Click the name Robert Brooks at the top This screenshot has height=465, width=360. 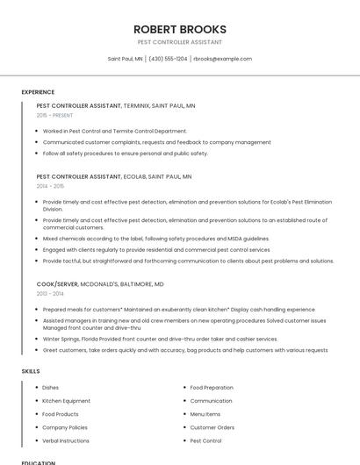pos(179,29)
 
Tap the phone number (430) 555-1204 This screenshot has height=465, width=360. pos(168,59)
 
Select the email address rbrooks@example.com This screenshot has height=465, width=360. pos(222,59)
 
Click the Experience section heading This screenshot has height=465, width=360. pos(38,91)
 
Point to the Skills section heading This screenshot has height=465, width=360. pos(31,371)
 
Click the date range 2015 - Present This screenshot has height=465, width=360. pos(54,115)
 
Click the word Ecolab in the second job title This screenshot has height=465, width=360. pos(134,176)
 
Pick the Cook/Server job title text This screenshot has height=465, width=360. pos(57,284)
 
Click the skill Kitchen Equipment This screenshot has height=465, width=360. pos(66,401)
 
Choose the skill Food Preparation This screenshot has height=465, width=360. pos(212,387)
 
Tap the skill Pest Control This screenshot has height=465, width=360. pos(205,440)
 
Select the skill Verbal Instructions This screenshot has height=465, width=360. pos(66,440)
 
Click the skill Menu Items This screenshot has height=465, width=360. pos(205,414)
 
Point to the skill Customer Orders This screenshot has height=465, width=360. pos(212,427)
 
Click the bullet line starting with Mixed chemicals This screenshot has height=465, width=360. pos(155,239)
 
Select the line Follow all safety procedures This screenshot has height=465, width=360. pos(126,153)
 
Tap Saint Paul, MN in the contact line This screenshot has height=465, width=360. pos(125,59)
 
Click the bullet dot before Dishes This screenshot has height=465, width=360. pos(36,387)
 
